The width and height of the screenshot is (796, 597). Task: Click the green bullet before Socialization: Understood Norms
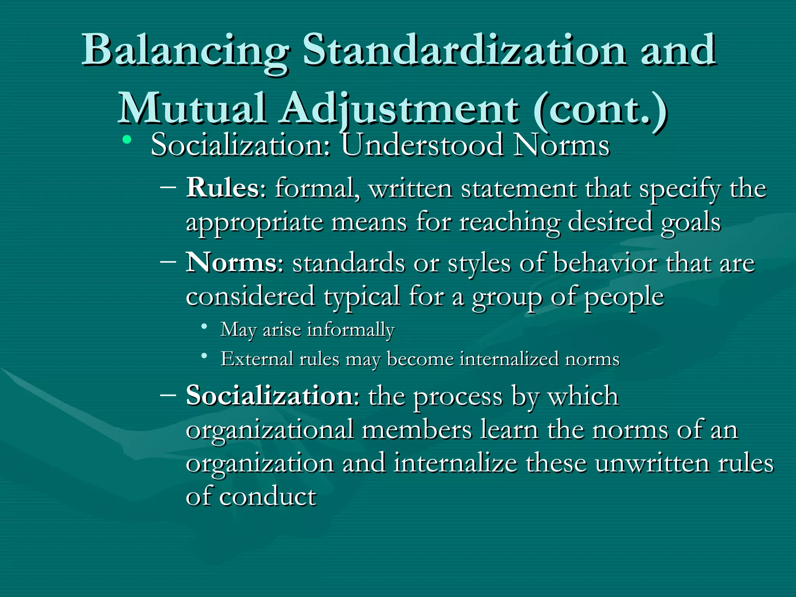pyautogui.click(x=126, y=140)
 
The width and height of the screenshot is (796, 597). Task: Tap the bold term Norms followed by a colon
pyautogui.click(x=231, y=263)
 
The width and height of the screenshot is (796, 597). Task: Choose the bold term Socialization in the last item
pyautogui.click(x=269, y=396)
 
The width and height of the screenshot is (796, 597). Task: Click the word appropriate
pyautogui.click(x=255, y=223)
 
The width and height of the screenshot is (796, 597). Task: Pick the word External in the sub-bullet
pyautogui.click(x=257, y=358)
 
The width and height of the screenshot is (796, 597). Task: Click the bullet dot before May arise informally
pyautogui.click(x=204, y=326)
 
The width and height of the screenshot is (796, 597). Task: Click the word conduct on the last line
pyautogui.click(x=268, y=497)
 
